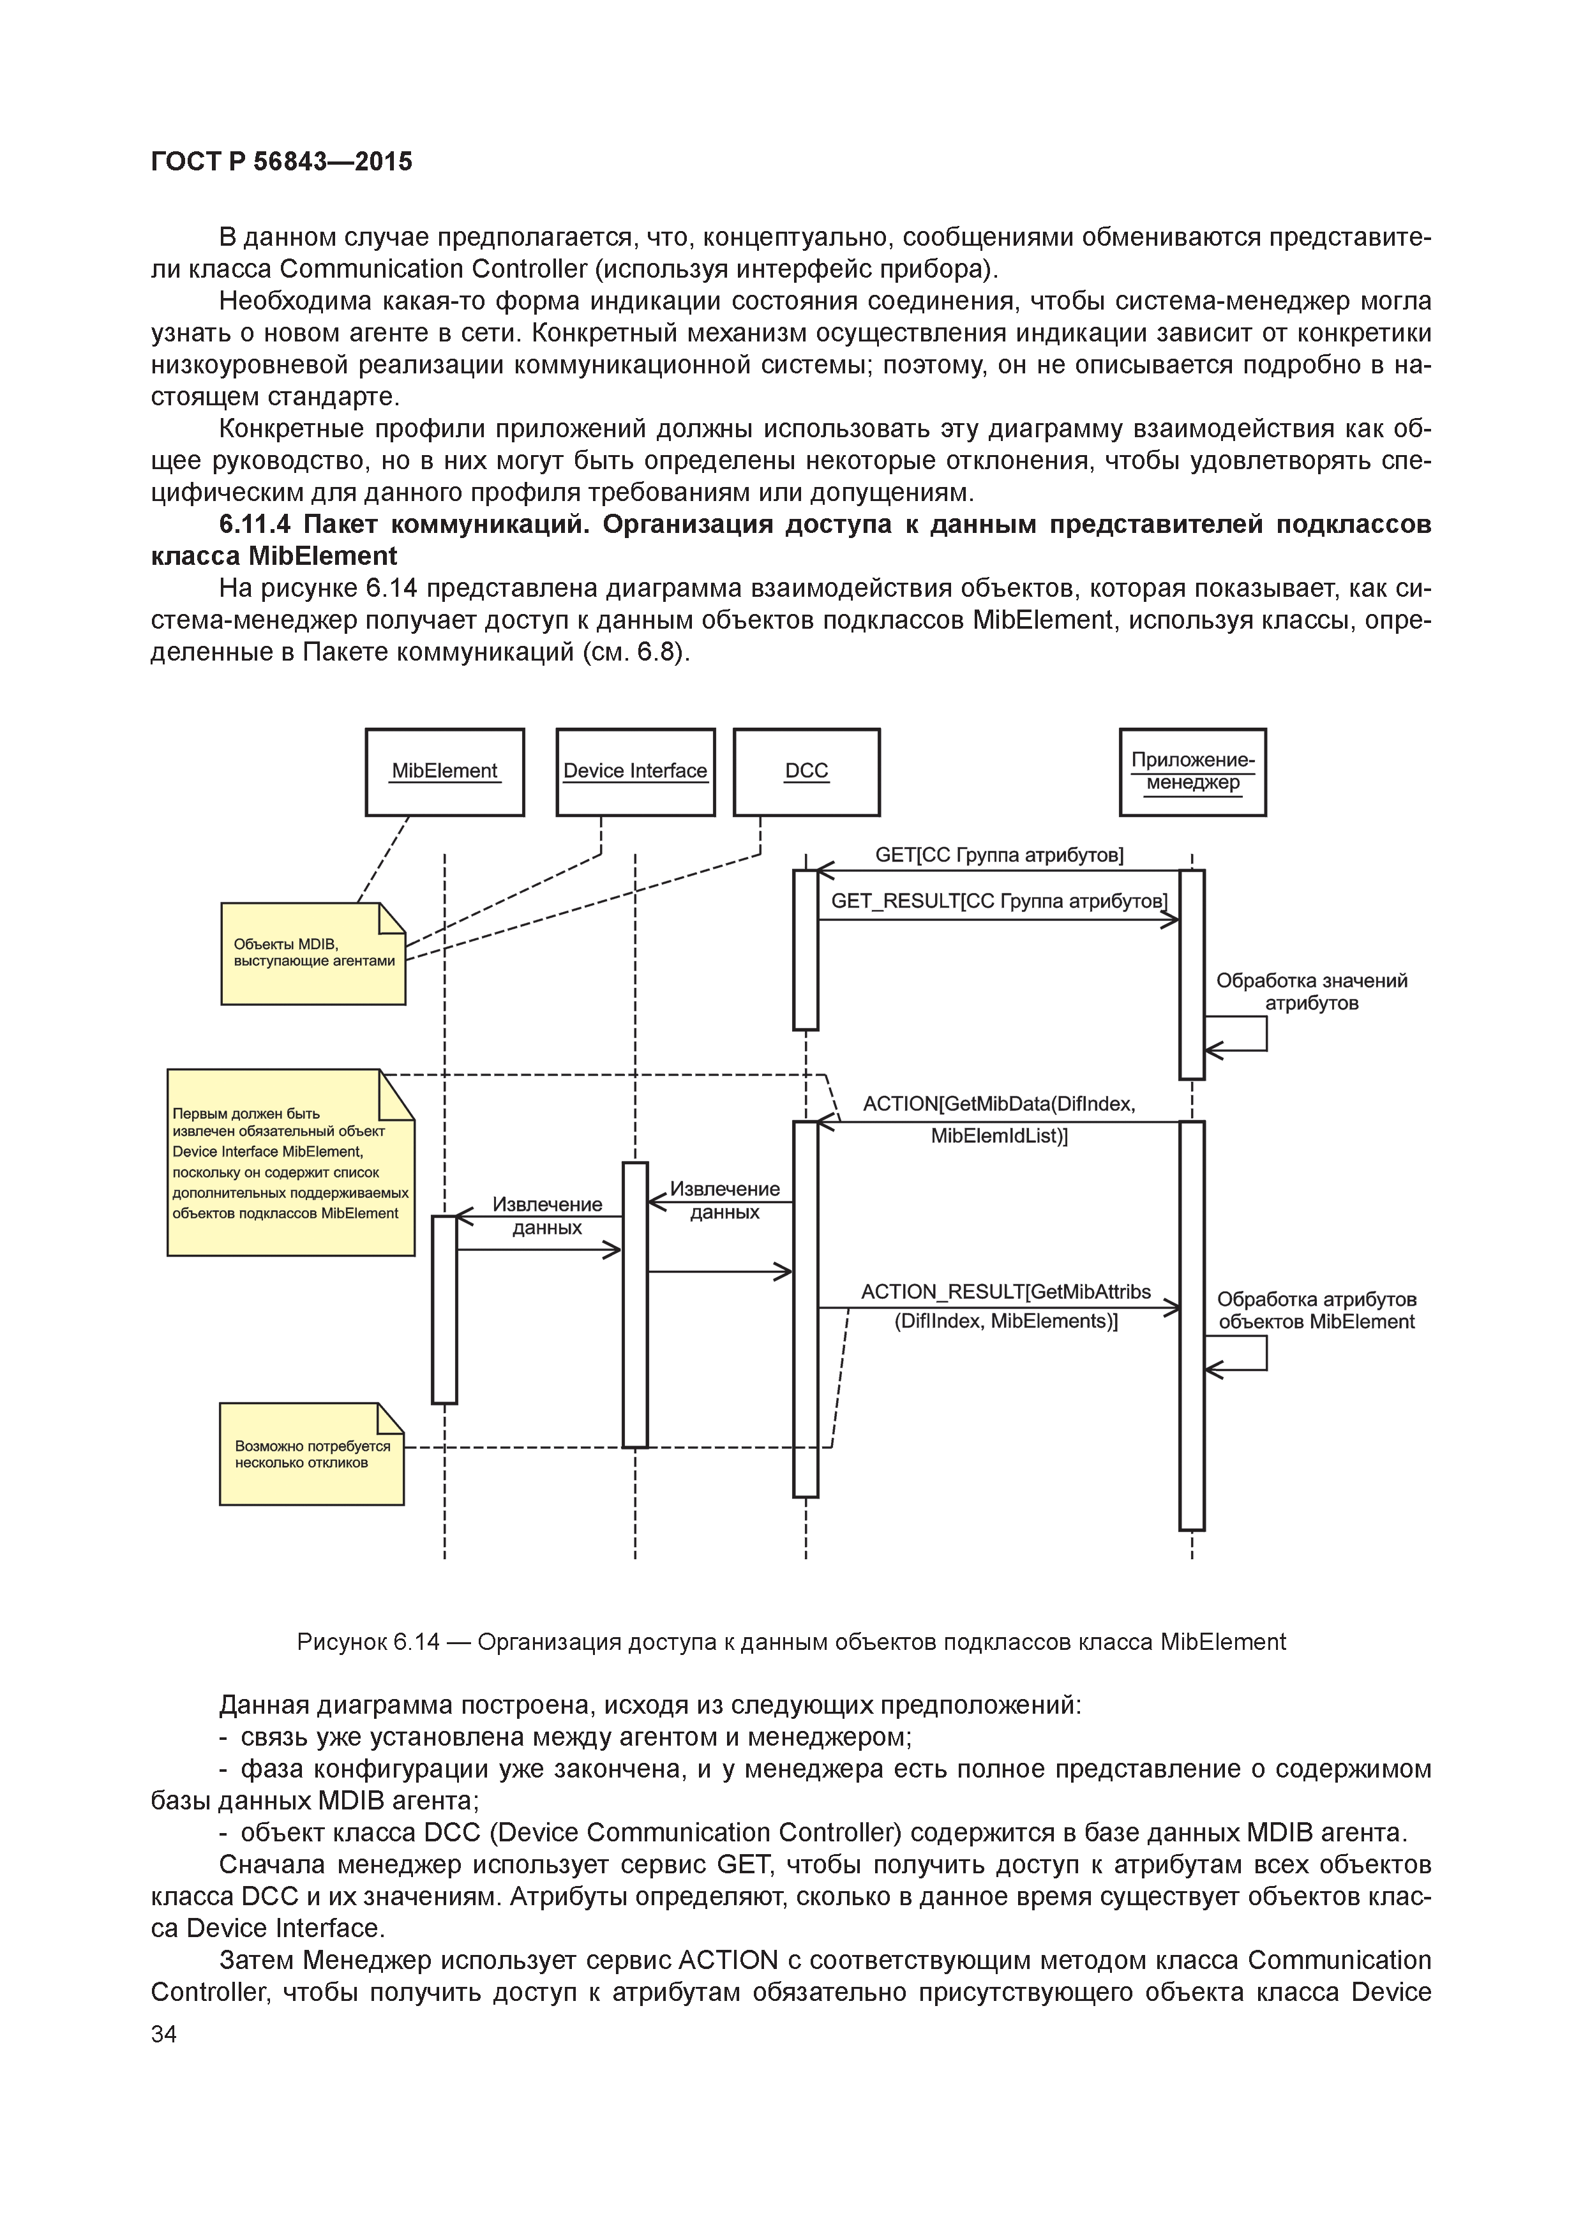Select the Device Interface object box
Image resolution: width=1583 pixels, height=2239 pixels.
[635, 772]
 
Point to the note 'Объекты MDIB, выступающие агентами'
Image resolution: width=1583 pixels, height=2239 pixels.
[313, 954]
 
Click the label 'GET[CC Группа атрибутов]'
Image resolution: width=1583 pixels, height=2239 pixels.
[999, 855]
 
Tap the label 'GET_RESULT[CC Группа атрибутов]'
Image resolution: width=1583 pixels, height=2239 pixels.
[999, 901]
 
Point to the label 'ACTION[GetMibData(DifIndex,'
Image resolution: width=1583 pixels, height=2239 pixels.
[999, 1104]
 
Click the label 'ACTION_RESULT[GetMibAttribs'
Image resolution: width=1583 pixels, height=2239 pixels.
[1005, 1292]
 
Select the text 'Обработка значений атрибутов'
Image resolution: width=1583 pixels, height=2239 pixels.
[1311, 992]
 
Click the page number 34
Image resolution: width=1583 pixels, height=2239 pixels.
[164, 2033]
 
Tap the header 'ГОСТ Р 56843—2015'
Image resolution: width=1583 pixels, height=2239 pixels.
[282, 162]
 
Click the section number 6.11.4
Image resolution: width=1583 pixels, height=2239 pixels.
[255, 525]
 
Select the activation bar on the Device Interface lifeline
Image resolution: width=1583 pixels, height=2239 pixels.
[635, 1304]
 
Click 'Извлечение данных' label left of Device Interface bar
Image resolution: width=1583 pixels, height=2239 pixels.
[547, 1216]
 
